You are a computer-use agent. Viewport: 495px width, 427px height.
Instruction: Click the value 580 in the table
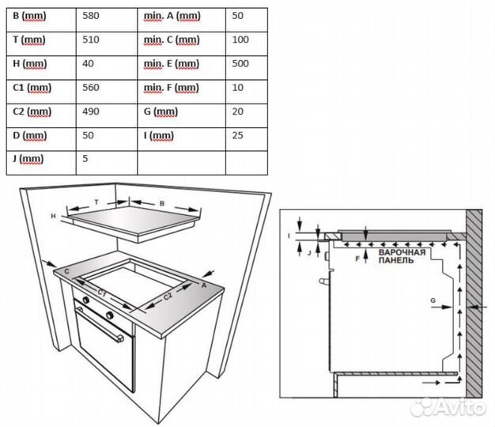click(92, 15)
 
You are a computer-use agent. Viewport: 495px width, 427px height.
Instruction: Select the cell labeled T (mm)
click(29, 40)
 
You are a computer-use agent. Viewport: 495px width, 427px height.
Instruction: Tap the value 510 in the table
click(92, 40)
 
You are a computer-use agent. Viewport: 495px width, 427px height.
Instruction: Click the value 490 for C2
click(92, 111)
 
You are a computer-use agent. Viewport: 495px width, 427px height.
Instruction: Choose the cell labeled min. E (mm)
click(171, 63)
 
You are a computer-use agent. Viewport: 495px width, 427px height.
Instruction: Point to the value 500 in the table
click(241, 63)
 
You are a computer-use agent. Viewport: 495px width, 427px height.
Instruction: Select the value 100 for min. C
click(241, 40)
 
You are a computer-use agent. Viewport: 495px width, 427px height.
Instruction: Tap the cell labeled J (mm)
click(28, 159)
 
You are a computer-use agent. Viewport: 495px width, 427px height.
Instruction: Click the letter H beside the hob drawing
click(53, 216)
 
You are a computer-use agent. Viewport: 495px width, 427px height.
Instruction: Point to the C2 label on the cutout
click(168, 297)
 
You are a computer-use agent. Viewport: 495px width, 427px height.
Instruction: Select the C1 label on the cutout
click(103, 293)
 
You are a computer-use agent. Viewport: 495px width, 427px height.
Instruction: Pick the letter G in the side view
click(433, 300)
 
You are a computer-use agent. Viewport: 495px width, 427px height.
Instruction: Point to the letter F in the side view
click(357, 257)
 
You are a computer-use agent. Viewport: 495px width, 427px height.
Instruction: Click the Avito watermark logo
click(456, 406)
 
